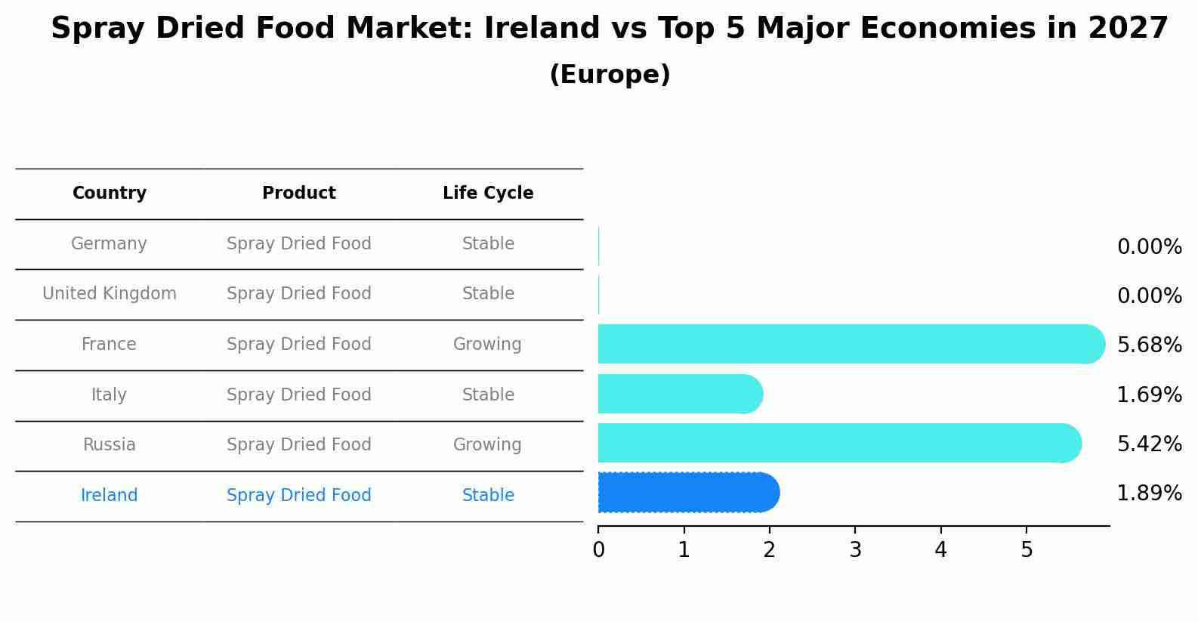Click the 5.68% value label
[x=1149, y=345]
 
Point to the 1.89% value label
[x=1149, y=494]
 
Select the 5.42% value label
[x=1149, y=444]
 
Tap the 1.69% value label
[x=1149, y=395]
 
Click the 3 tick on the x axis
[x=855, y=550]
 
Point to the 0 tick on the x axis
[x=598, y=550]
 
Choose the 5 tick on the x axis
[x=1027, y=550]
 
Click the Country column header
[x=110, y=193]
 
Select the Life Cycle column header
[x=488, y=193]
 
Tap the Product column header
[x=299, y=193]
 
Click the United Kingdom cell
[x=110, y=294]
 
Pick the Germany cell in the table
[x=109, y=244]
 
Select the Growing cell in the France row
[x=487, y=345]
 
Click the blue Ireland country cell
[x=109, y=496]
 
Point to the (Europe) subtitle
[x=610, y=75]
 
